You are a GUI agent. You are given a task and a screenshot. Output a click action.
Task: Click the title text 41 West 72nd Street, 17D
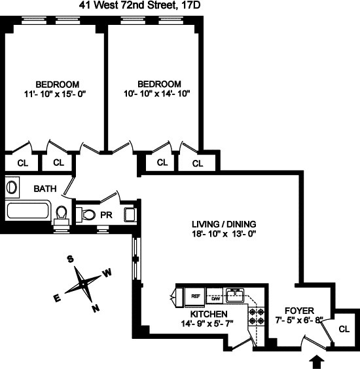coord(179,6)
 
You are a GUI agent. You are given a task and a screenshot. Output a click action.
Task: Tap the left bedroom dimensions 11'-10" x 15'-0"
coord(57,94)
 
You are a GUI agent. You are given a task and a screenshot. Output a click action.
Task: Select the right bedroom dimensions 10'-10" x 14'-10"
coord(159,94)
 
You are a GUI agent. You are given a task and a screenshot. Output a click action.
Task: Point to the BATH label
coord(45,189)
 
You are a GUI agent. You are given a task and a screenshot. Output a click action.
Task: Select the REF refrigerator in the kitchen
coord(194,296)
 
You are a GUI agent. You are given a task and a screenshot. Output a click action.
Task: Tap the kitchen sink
coord(234,293)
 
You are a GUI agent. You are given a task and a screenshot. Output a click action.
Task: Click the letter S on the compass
coord(69,260)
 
